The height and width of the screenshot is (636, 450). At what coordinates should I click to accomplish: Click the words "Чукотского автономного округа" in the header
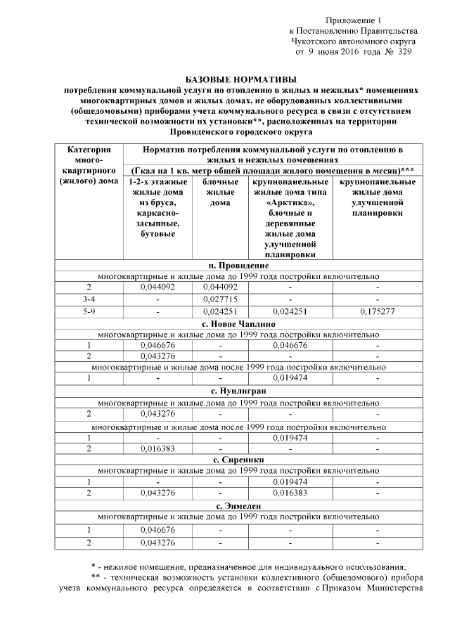pyautogui.click(x=354, y=41)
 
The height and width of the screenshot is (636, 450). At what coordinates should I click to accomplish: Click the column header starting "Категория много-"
pyautogui.click(x=89, y=165)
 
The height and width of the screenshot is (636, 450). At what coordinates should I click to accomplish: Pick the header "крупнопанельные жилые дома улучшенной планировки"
pyautogui.click(x=378, y=197)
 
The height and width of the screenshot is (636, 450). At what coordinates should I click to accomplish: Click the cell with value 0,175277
pyautogui.click(x=378, y=311)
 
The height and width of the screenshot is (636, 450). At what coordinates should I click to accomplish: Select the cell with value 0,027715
pyautogui.click(x=221, y=299)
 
